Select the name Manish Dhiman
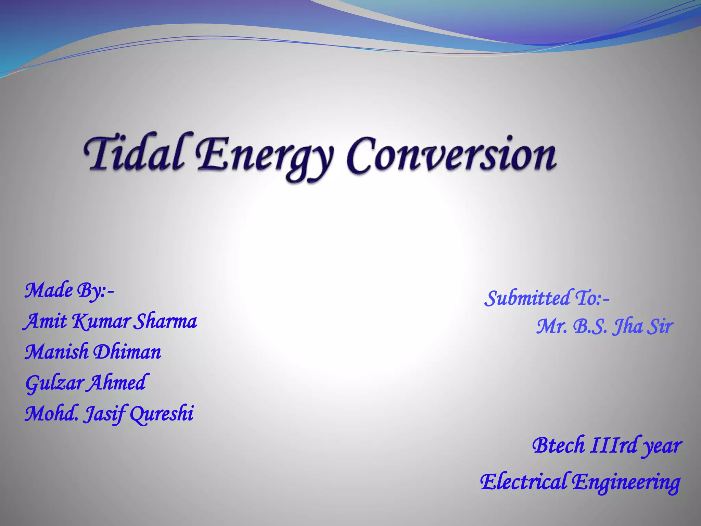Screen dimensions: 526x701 coord(93,352)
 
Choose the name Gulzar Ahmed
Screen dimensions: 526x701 coord(86,383)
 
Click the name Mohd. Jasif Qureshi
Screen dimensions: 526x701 coord(109,414)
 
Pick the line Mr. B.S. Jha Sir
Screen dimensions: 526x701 coord(604,326)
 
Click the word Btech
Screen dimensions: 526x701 coord(559,446)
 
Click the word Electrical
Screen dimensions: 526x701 coord(524,481)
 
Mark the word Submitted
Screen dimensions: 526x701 coord(527,298)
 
